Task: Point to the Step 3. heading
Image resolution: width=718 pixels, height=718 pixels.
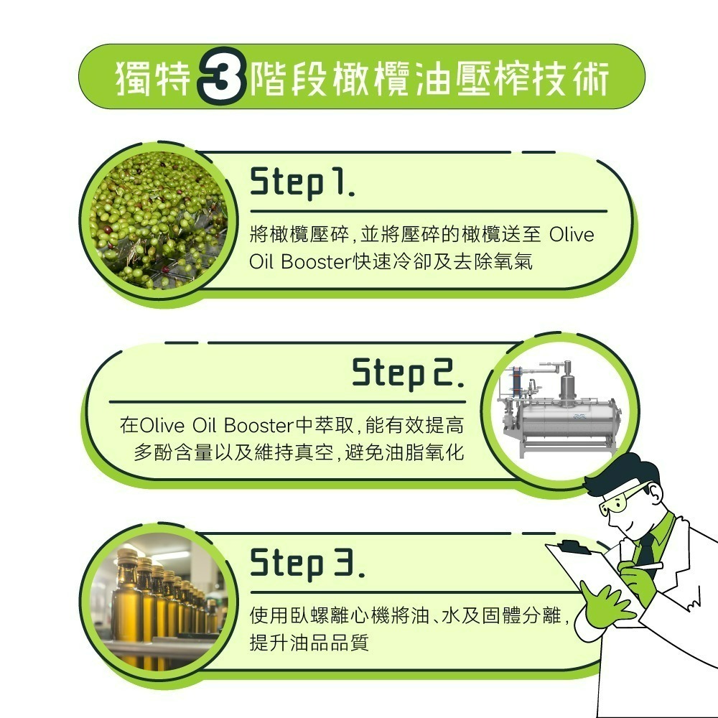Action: [307, 564]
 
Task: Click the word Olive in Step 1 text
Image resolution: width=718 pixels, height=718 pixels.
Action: [572, 236]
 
